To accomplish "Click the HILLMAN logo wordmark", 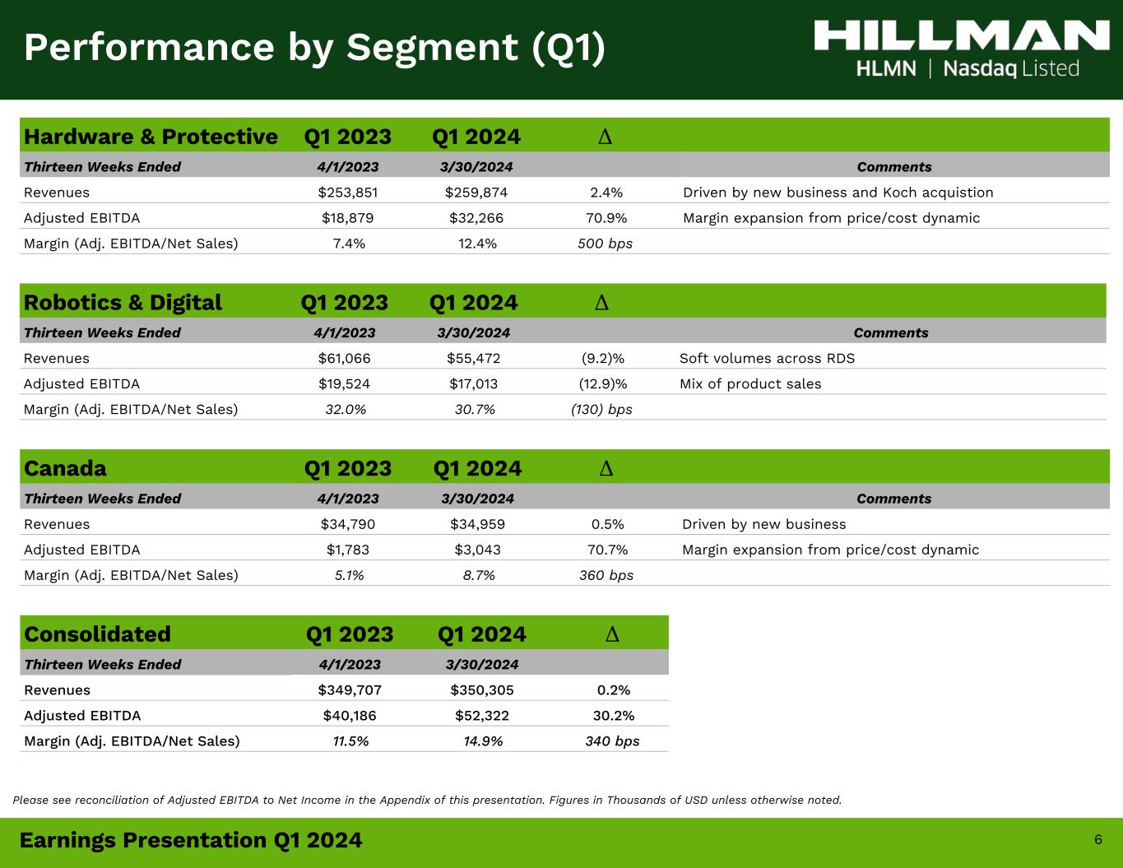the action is (x=962, y=35).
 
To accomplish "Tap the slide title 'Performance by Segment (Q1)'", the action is (x=314, y=48).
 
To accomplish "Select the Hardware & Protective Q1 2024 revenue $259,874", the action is (x=476, y=193).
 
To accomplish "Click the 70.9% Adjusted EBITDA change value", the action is (x=606, y=218).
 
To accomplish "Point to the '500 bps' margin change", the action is (x=606, y=244).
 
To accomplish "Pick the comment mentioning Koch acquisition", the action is (x=838, y=193).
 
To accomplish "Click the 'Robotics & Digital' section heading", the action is (x=123, y=303).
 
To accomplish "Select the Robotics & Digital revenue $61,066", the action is (x=344, y=359).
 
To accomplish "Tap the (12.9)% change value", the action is (x=602, y=384).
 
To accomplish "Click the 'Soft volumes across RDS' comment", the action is (x=767, y=359).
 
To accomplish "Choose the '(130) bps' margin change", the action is (x=601, y=410).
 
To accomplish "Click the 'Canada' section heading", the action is (x=65, y=469).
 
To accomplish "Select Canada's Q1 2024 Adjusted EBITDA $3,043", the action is (x=477, y=550).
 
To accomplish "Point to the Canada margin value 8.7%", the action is (x=479, y=576).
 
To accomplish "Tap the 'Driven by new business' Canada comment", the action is (x=763, y=524).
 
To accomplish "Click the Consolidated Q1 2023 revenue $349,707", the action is (x=350, y=690).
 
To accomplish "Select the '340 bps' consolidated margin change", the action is (x=612, y=741).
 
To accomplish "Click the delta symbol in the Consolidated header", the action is (x=612, y=634).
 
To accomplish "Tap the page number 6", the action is (x=1098, y=839).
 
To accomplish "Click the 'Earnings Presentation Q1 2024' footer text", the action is (x=191, y=840).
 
